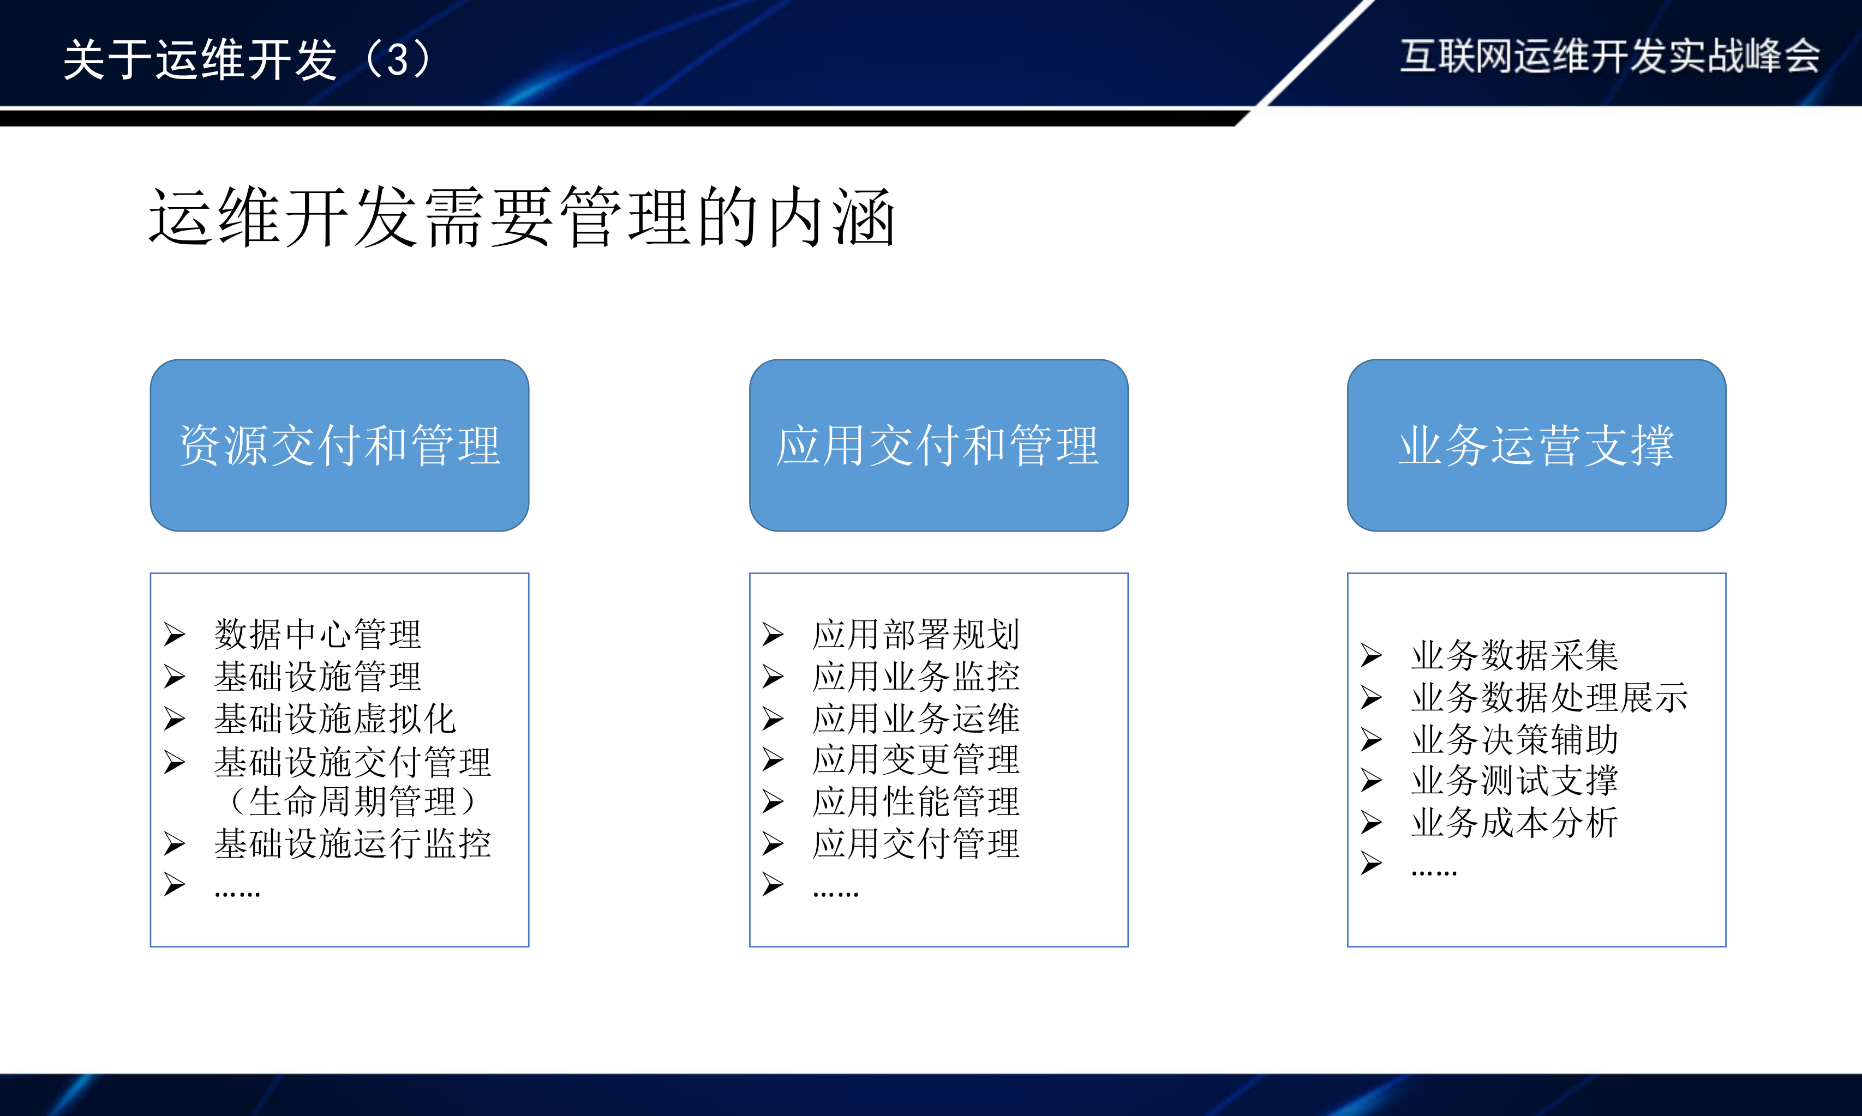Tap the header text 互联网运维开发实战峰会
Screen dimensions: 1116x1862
pyautogui.click(x=1609, y=56)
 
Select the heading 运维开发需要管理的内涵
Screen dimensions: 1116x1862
pyautogui.click(x=522, y=218)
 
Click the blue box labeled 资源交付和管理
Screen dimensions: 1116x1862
pyautogui.click(x=339, y=445)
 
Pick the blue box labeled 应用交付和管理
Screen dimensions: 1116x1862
pyautogui.click(x=938, y=445)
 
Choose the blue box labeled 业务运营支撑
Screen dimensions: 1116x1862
pyautogui.click(x=1536, y=445)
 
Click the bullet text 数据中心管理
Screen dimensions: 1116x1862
pyautogui.click(x=318, y=634)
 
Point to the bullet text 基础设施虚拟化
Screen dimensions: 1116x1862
pyautogui.click(x=335, y=718)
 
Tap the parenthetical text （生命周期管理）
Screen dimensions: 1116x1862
pyautogui.click(x=352, y=801)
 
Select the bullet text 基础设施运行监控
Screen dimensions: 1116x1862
pyautogui.click(x=352, y=844)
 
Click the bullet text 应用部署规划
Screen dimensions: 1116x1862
pyautogui.click(x=915, y=634)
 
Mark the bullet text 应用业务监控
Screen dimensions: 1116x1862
pyautogui.click(x=915, y=676)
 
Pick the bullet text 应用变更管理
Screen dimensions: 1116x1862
pyautogui.click(x=915, y=759)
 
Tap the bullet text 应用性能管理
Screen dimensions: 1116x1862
pyautogui.click(x=915, y=801)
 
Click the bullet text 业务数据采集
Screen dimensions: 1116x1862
pyautogui.click(x=1514, y=655)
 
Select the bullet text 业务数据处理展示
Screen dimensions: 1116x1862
pyautogui.click(x=1549, y=697)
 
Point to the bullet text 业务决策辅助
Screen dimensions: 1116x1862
pyautogui.click(x=1514, y=739)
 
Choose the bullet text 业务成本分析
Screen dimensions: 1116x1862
pyautogui.click(x=1514, y=823)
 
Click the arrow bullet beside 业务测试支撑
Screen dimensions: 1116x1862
pyautogui.click(x=1371, y=781)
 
